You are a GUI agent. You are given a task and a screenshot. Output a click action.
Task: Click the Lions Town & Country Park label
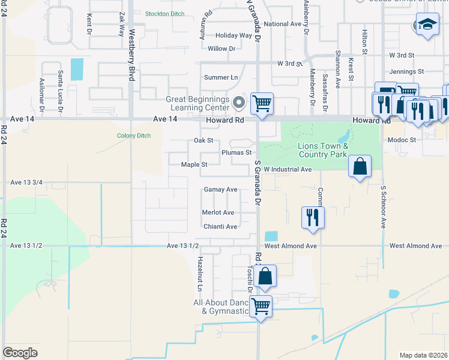(323, 150)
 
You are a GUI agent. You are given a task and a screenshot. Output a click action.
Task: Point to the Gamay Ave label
(220, 189)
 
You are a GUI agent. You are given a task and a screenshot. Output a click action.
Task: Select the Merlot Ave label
(218, 212)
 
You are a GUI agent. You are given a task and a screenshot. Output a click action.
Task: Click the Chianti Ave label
(220, 226)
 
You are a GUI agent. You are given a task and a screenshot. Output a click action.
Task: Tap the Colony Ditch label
(134, 135)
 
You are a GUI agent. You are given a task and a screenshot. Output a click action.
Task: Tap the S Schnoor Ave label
(382, 206)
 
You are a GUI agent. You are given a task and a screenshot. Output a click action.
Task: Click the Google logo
(20, 353)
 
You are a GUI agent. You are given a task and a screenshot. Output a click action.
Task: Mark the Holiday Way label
(234, 35)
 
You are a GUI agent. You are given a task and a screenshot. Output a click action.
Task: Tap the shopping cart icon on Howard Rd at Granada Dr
(262, 103)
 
